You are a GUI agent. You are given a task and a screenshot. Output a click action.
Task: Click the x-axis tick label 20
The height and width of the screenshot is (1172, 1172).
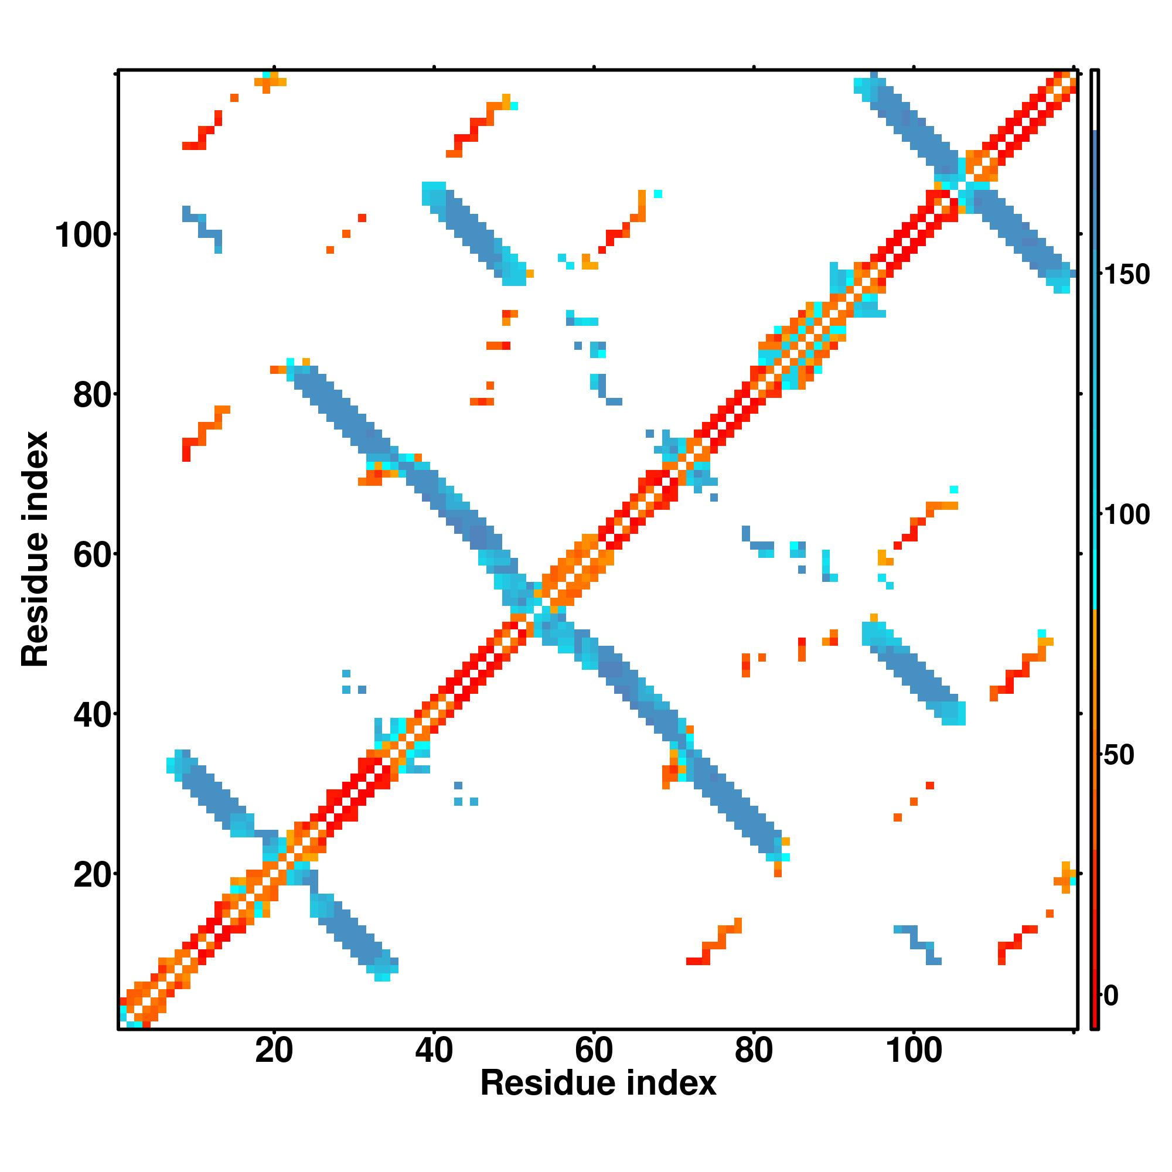274,1050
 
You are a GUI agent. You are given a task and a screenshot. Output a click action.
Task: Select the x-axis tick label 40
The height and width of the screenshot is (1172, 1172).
434,1050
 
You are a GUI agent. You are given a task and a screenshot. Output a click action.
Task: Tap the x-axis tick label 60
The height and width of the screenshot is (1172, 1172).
593,1050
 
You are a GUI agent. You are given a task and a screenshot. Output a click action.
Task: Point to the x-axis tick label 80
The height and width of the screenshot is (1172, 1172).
754,1050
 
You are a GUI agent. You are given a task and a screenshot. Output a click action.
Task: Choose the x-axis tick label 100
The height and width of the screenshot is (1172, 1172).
914,1050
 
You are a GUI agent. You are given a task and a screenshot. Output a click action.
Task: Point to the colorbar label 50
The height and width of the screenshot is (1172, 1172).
1119,755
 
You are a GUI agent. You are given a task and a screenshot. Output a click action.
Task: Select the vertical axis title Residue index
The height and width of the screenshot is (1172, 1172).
35,549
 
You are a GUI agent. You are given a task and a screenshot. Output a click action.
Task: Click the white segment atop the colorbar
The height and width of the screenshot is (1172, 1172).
1095,101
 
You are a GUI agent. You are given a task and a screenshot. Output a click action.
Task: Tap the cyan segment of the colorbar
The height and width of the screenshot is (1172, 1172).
1095,546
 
